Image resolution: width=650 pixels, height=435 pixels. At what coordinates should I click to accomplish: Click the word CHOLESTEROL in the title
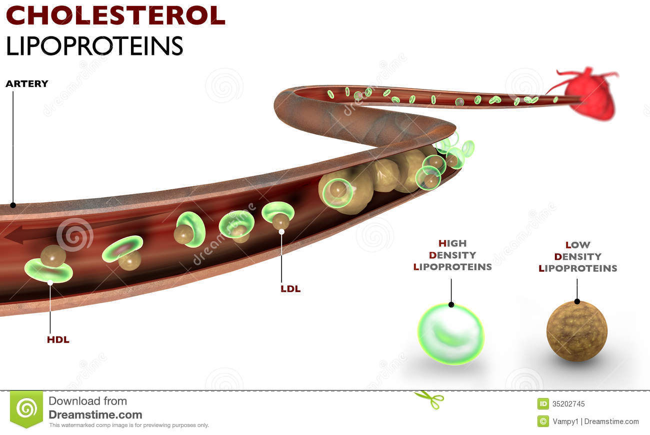115,16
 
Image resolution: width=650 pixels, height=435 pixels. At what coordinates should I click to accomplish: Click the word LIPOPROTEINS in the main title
94,45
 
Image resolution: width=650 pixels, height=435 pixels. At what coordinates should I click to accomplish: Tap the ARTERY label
27,83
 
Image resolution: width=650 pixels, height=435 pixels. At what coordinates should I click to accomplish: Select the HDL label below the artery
58,340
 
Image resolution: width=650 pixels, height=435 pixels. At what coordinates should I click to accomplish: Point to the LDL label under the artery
290,289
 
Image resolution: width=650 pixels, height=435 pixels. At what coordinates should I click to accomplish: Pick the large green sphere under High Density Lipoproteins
450,334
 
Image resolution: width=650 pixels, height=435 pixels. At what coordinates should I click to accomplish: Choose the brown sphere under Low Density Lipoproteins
576,331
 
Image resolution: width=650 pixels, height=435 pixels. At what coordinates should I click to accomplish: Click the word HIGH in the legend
452,244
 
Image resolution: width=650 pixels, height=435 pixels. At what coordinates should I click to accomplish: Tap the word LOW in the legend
578,245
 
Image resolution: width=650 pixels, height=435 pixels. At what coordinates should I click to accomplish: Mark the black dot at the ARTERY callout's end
13,205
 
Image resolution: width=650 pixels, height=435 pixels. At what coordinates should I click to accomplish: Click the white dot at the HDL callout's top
50,283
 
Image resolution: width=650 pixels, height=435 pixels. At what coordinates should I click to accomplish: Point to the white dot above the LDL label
281,232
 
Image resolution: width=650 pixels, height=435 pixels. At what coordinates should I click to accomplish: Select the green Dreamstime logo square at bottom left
26,409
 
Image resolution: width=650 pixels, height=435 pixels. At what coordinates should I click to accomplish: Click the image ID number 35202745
568,404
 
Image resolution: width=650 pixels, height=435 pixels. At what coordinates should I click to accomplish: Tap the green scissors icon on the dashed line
429,399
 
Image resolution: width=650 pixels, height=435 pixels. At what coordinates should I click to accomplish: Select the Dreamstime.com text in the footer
95,415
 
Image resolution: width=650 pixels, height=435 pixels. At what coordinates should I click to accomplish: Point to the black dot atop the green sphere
451,304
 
